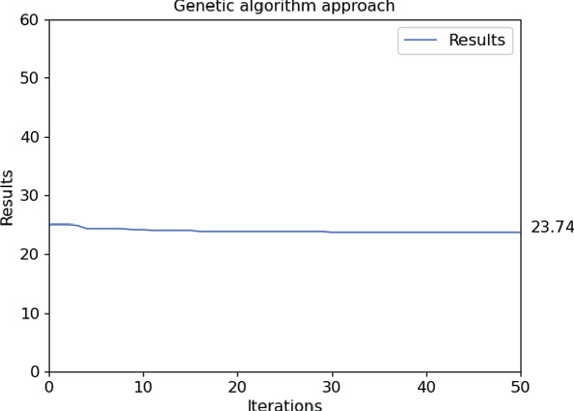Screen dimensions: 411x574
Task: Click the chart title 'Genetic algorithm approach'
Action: tap(284, 7)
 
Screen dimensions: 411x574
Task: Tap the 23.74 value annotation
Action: tap(552, 228)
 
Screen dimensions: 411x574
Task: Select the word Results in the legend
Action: tap(477, 41)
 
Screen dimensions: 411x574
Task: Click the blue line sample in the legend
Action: tap(421, 41)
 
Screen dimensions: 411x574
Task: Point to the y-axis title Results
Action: tap(8, 198)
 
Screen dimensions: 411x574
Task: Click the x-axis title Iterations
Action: tap(285, 404)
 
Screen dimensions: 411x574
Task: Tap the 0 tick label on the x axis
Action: tap(49, 386)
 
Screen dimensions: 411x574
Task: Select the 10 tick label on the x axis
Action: tap(143, 386)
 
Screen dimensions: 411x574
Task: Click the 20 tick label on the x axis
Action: tap(237, 386)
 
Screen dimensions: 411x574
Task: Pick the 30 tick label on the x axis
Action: tap(332, 386)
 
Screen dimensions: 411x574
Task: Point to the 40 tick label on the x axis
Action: tap(426, 386)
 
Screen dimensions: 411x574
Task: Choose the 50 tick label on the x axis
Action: tap(520, 386)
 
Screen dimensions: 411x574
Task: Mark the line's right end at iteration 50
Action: tap(520, 233)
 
